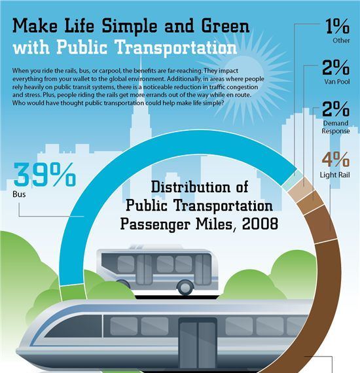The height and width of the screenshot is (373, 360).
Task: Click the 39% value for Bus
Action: coord(45,174)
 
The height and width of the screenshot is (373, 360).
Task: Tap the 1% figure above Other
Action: coord(337,26)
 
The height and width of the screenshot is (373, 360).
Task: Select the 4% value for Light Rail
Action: coord(336,159)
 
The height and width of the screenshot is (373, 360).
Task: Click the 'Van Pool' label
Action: coord(337,82)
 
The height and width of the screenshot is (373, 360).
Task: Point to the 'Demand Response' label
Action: coord(336,127)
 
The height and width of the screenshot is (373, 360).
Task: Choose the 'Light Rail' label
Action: coord(334,175)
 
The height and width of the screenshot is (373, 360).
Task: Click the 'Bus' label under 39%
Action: coord(19,194)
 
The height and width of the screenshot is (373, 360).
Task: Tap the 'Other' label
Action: coord(341,41)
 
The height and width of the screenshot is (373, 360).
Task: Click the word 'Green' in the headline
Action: coord(225,26)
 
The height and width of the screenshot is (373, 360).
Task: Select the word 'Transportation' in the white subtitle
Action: coord(176,47)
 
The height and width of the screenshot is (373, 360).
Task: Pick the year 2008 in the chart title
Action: coord(260,224)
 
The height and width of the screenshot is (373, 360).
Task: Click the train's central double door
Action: coord(198,344)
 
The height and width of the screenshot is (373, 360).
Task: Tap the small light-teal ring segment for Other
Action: coord(293,180)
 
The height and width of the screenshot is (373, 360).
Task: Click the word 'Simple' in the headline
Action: coord(130,26)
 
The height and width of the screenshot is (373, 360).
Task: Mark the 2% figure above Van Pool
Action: coord(336,67)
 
